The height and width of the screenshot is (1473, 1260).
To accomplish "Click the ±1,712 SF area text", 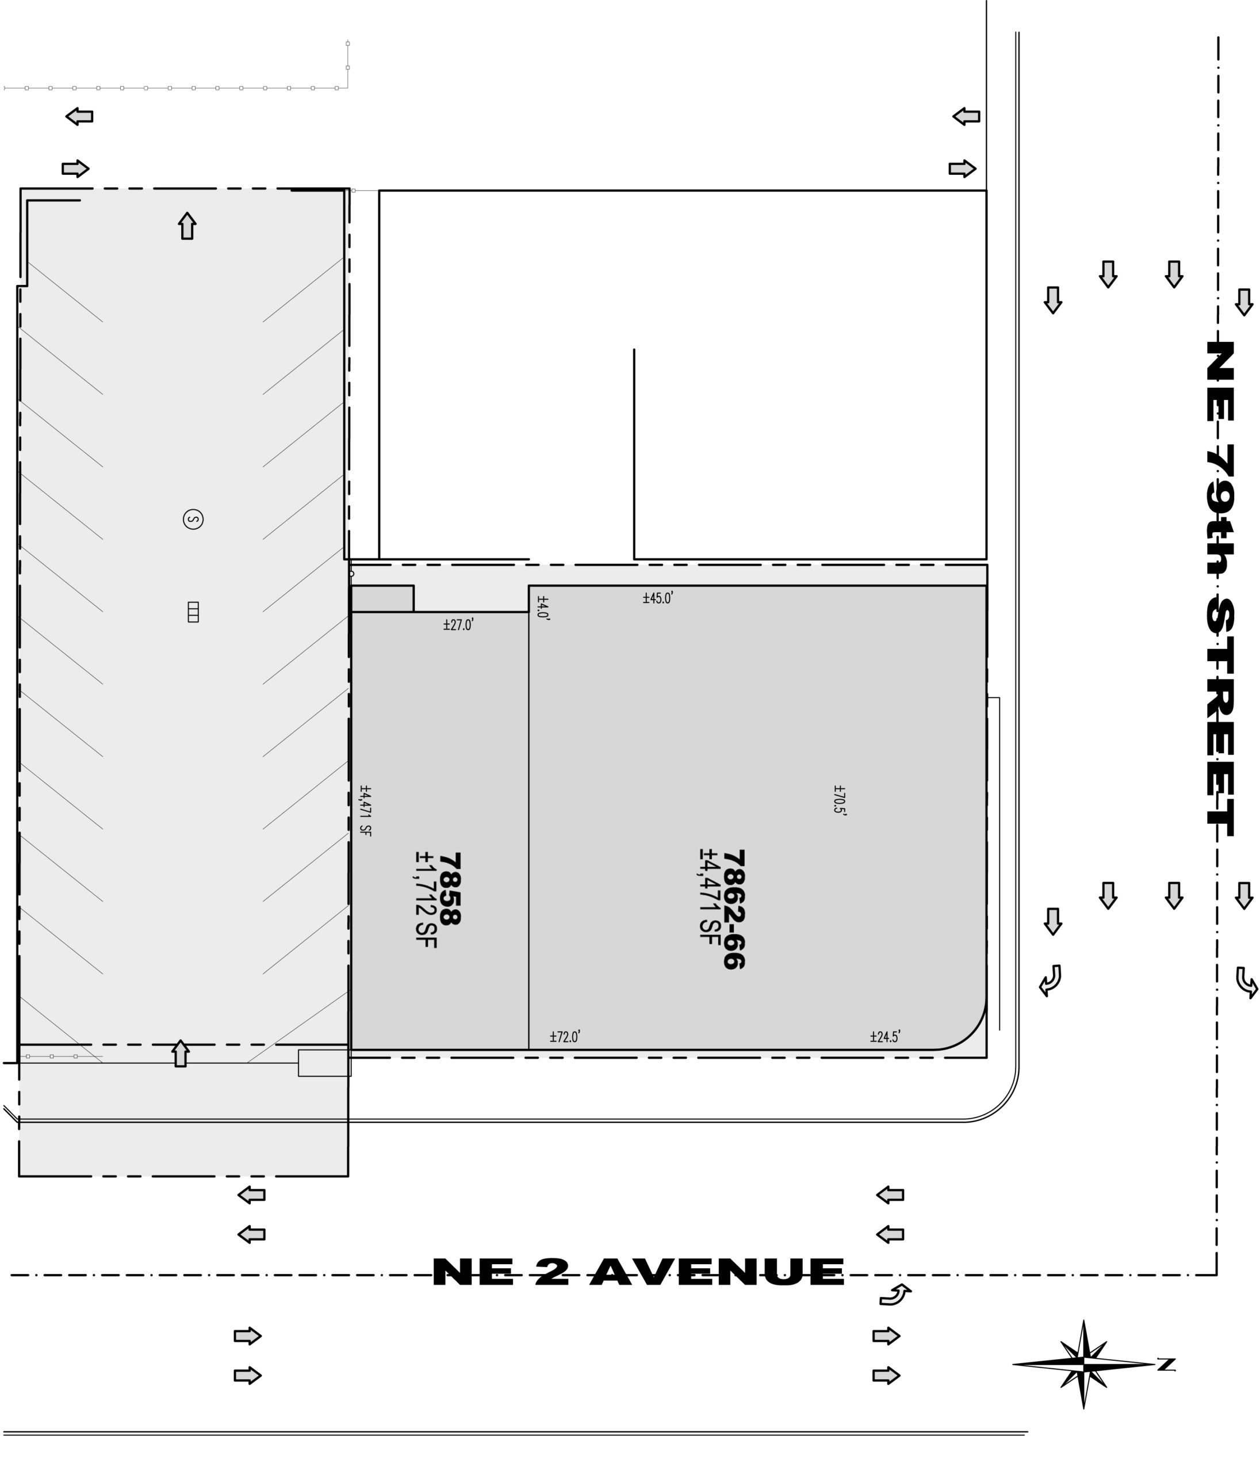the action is pyautogui.click(x=425, y=899).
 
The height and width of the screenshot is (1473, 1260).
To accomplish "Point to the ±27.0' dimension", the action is pyautogui.click(x=458, y=625).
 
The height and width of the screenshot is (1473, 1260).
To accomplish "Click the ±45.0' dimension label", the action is pyautogui.click(x=658, y=598).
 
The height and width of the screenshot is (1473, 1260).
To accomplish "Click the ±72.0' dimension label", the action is pyautogui.click(x=565, y=1036).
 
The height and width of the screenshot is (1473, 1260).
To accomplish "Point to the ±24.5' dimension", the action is pyautogui.click(x=886, y=1036).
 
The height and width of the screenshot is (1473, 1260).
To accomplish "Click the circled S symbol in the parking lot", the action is pyautogui.click(x=193, y=519).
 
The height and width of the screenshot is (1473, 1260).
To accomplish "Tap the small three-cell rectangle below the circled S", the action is pyautogui.click(x=193, y=612).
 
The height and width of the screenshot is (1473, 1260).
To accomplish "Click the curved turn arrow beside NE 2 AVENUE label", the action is pyautogui.click(x=895, y=1295).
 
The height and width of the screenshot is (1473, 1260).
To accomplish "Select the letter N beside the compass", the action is pyautogui.click(x=1166, y=1364).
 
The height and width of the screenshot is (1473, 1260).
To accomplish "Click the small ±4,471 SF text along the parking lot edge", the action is pyautogui.click(x=365, y=810).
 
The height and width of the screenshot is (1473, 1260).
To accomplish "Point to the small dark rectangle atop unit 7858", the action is pyautogui.click(x=382, y=598).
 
